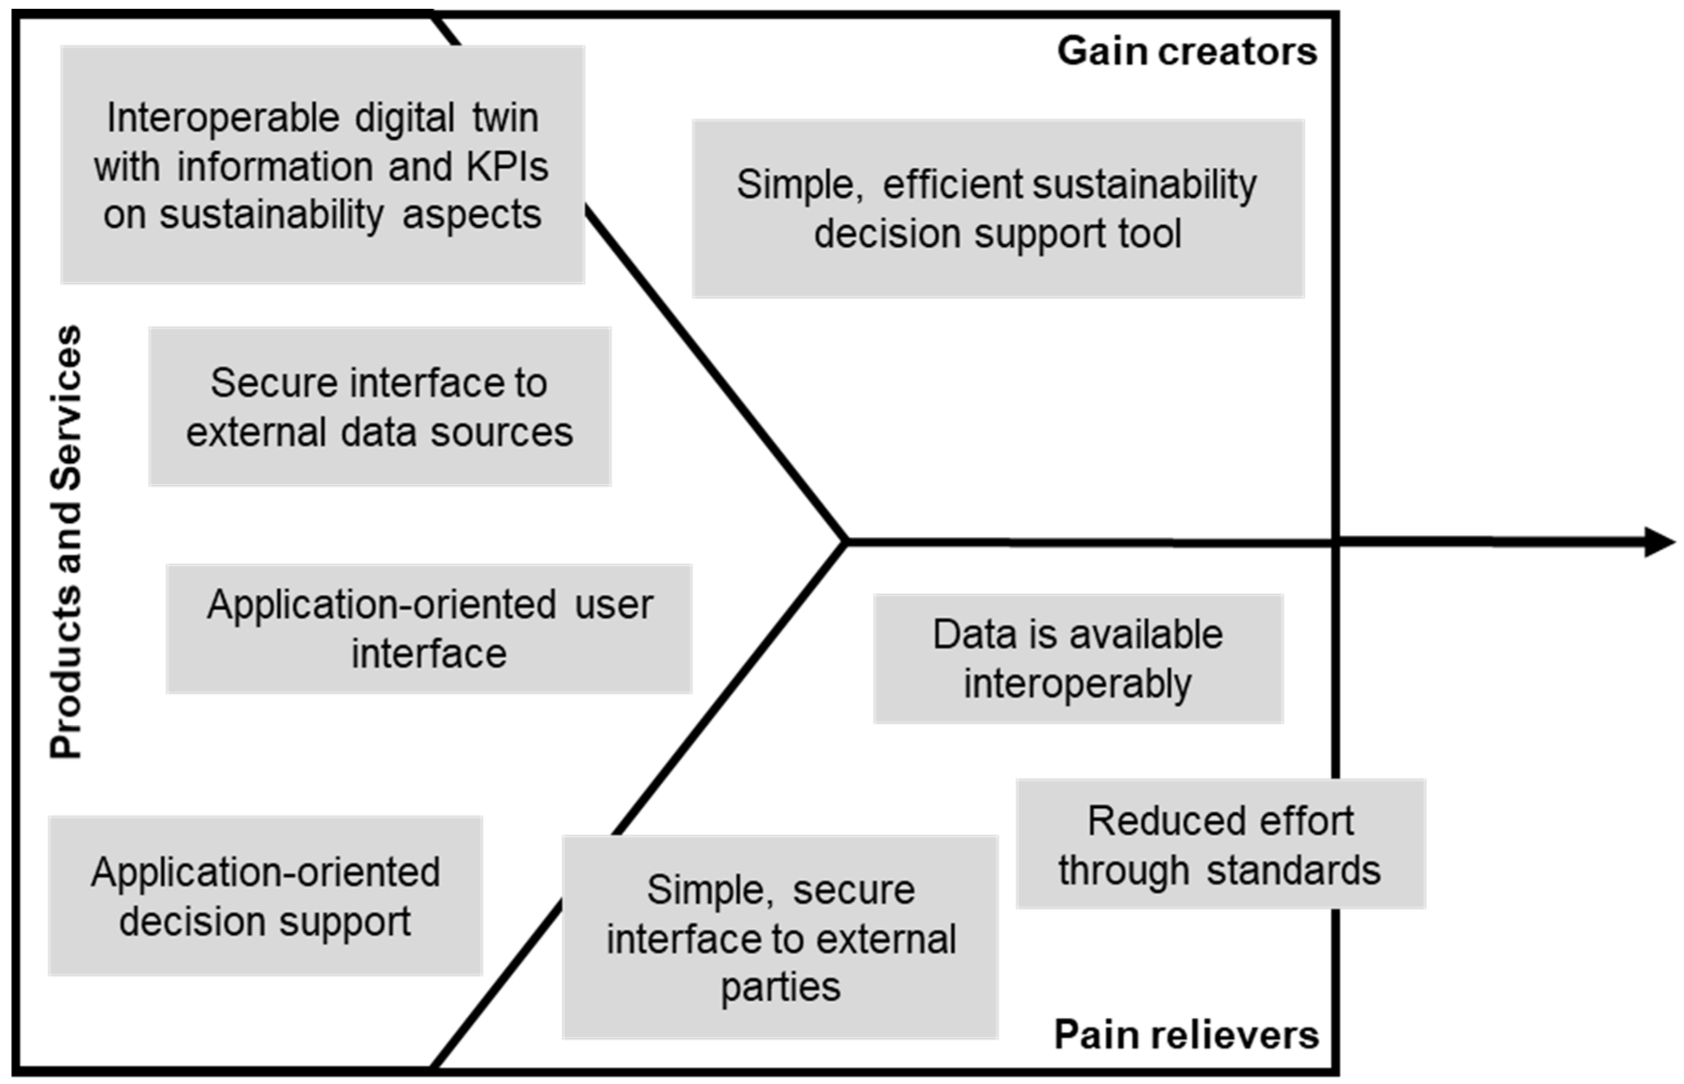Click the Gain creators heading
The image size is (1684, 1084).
click(1186, 51)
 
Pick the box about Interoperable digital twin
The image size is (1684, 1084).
click(322, 165)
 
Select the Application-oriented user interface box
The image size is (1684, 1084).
click(429, 629)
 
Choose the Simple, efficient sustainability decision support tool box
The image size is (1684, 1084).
click(997, 209)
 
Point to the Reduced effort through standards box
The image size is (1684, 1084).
click(1220, 844)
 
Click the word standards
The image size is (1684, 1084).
click(1293, 870)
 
